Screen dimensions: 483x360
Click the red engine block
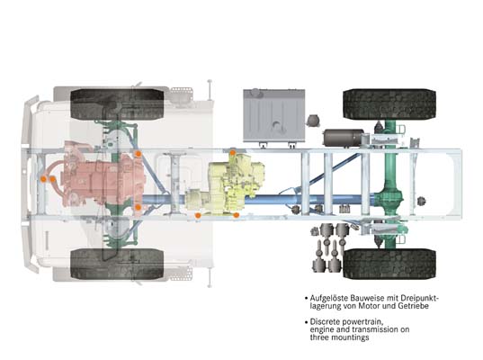tap(103, 174)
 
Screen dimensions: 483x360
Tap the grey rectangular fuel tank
tap(274, 115)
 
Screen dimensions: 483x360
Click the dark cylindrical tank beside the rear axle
tap(344, 138)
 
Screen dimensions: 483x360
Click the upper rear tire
tap(389, 104)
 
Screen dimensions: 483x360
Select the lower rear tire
tap(389, 264)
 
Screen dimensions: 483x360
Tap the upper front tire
tap(117, 104)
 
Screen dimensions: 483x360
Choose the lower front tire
tap(117, 265)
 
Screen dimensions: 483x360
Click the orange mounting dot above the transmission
tap(233, 152)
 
